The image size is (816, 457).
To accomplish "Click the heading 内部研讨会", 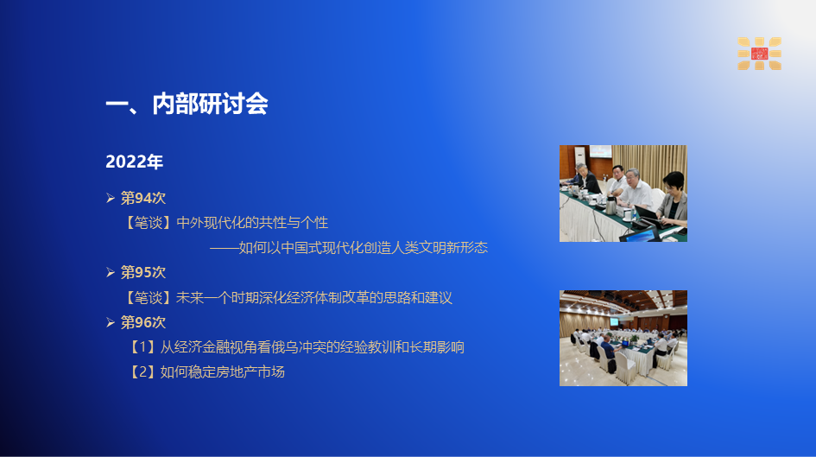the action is (210, 105).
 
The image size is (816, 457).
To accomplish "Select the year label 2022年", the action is (134, 162).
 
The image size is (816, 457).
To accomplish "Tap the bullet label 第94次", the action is (143, 198).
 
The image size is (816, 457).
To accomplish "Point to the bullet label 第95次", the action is (143, 272).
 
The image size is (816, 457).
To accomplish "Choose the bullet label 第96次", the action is (143, 322).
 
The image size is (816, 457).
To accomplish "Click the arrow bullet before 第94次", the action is (111, 198).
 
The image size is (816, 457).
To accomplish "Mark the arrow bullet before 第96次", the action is (111, 322).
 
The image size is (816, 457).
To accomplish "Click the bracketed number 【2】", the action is (142, 372).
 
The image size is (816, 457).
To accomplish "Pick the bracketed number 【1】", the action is (142, 347).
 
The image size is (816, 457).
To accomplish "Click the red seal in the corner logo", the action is (759, 54).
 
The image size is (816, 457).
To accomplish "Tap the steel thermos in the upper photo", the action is (610, 206).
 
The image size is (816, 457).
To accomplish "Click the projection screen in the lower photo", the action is (615, 321).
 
